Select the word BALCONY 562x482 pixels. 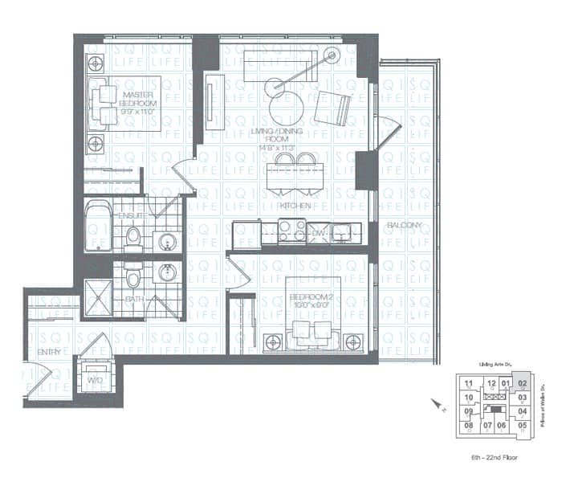(403, 226)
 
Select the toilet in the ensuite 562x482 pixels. (133, 235)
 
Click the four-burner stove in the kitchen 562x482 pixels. (290, 232)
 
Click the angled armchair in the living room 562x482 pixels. (333, 108)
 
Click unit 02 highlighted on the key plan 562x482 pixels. (522, 383)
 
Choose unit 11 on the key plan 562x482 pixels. (468, 383)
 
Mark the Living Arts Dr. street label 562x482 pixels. (495, 365)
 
